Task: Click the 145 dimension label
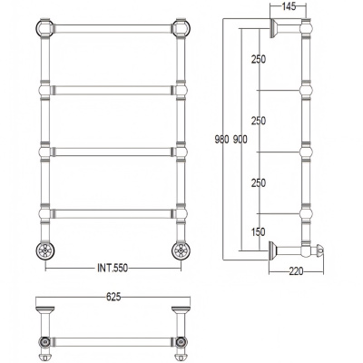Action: tap(289, 7)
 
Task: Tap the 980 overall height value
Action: tap(221, 140)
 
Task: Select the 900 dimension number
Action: tap(240, 140)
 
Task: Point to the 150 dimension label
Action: tap(259, 232)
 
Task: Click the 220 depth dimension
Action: tap(296, 271)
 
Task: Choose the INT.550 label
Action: tap(113, 268)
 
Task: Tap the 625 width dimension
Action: tap(113, 297)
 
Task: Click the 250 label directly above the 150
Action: tap(259, 183)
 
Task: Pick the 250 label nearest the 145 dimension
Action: tap(259, 59)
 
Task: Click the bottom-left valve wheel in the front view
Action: tap(45, 250)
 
